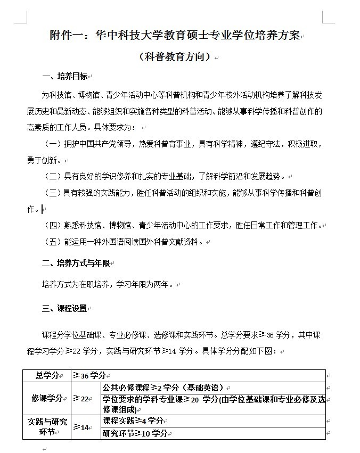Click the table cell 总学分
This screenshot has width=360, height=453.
pos(47,375)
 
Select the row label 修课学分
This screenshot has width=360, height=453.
pos(47,398)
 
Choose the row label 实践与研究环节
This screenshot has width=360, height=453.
pos(47,427)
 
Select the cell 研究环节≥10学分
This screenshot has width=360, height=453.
pos(135,433)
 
